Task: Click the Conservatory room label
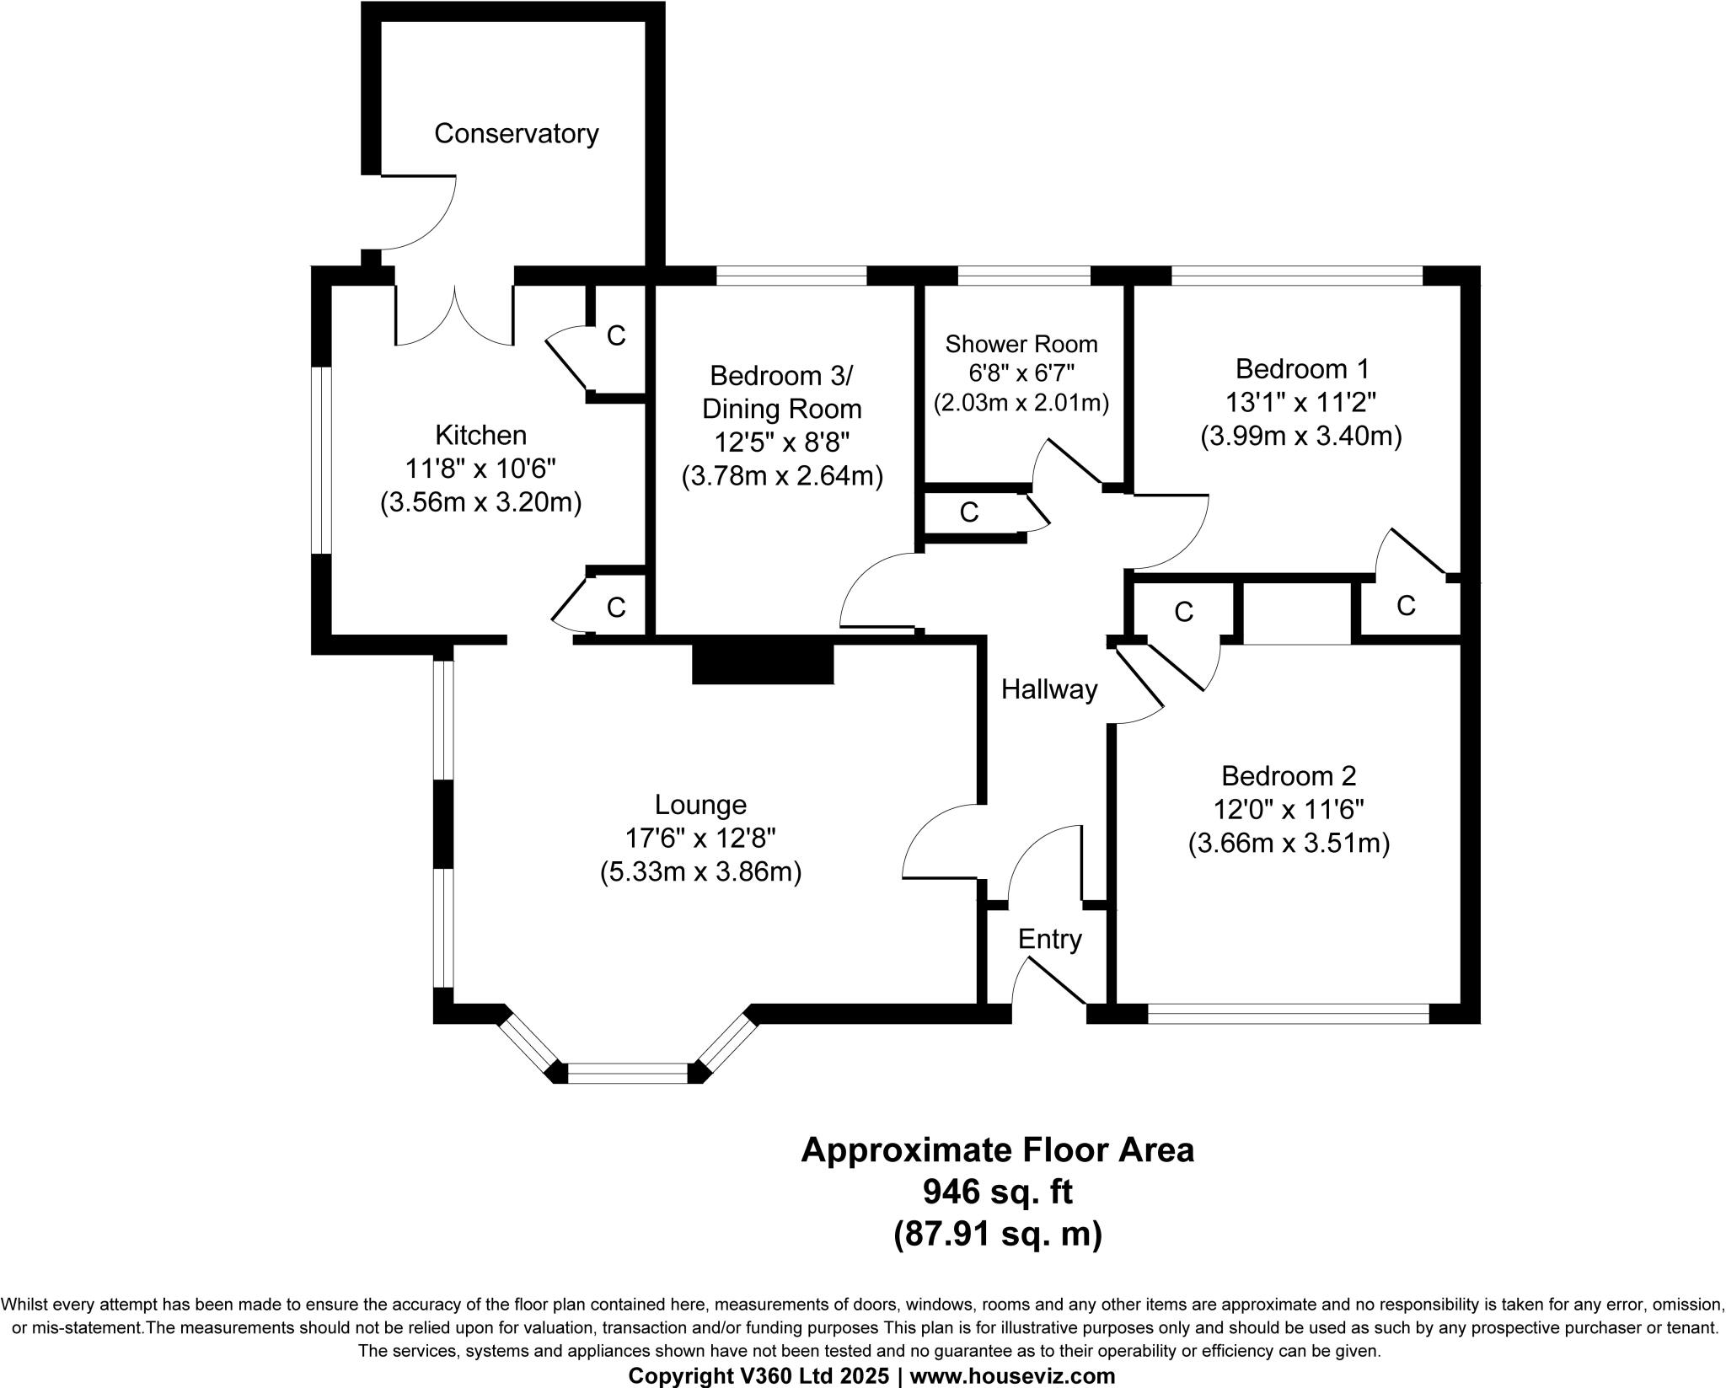[x=516, y=133]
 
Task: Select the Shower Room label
[x=1021, y=344]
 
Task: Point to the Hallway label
[x=1048, y=690]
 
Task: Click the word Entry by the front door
[x=1049, y=939]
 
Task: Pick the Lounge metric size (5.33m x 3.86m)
[x=700, y=872]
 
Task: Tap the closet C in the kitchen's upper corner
[x=616, y=336]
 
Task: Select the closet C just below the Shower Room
[x=968, y=512]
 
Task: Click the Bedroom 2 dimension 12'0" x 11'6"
[x=1288, y=810]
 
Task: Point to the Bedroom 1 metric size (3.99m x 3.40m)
[x=1300, y=437]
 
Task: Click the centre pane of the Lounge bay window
[x=628, y=1073]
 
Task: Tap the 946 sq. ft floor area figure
[x=997, y=1192]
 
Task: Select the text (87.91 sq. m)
[x=997, y=1234]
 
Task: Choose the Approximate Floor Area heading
[x=997, y=1150]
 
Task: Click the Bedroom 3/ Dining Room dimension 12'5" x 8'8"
[x=781, y=442]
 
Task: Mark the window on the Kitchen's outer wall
[x=321, y=460]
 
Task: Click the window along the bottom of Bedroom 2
[x=1288, y=1013]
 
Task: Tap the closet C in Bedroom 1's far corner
[x=1405, y=605]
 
